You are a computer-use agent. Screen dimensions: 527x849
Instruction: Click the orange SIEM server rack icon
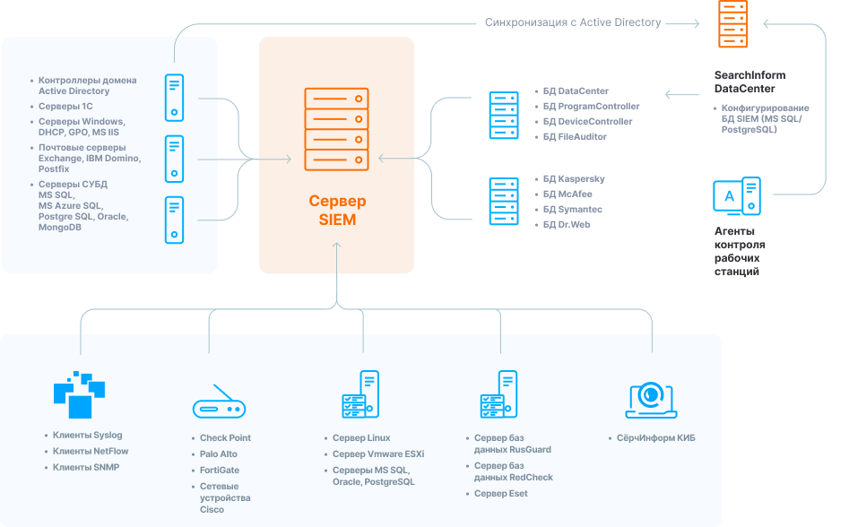point(336,129)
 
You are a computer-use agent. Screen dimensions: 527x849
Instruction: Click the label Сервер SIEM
point(337,210)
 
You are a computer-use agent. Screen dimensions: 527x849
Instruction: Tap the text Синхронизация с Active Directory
point(573,22)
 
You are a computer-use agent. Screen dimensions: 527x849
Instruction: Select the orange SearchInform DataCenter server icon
point(732,25)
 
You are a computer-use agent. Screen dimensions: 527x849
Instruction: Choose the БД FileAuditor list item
point(575,137)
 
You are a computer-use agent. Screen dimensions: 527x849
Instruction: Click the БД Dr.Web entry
point(567,225)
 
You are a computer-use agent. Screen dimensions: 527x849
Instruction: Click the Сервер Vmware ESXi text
point(377,454)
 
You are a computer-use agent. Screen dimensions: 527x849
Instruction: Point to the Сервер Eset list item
point(500,494)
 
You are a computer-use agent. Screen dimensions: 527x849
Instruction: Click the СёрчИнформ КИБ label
point(655,438)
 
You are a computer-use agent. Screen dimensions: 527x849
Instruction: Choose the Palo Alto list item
point(218,454)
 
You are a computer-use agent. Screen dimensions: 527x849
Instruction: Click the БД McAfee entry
point(567,194)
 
